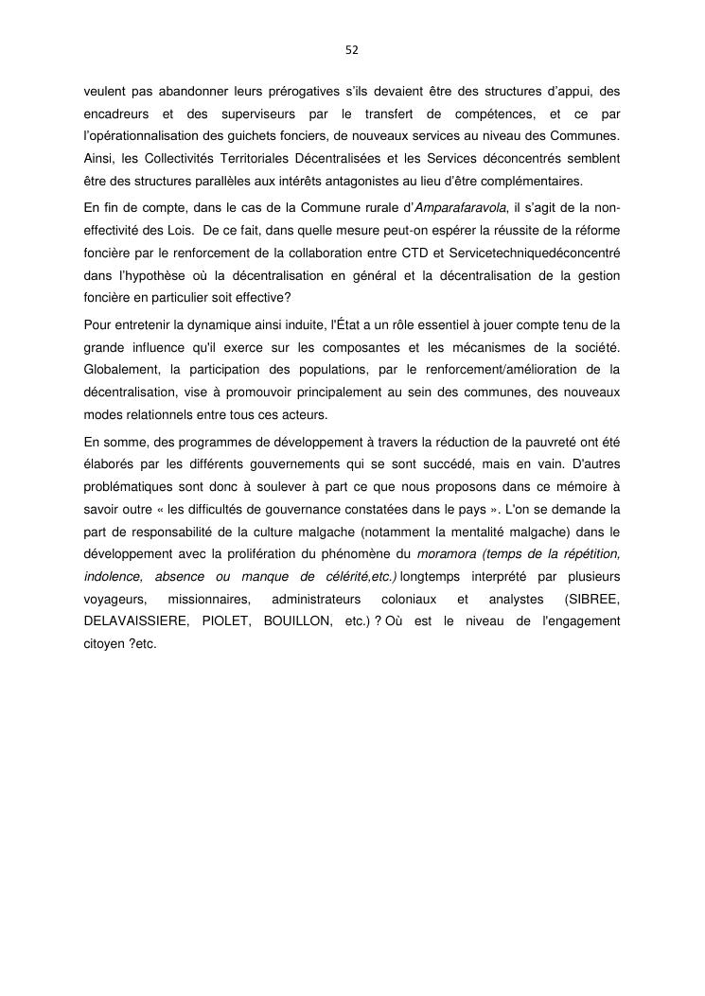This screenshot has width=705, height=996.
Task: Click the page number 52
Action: [352, 49]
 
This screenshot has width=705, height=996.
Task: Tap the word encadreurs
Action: [115, 114]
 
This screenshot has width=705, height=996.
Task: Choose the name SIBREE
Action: [591, 599]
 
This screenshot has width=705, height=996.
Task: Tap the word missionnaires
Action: [209, 599]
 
